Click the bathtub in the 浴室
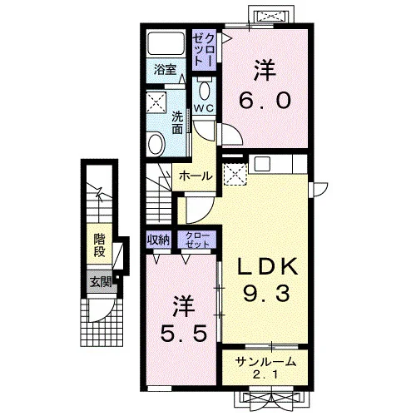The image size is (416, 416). coord(166,43)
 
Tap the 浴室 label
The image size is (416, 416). coord(165,70)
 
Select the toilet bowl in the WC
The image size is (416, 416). coord(205,90)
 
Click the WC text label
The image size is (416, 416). coord(204,108)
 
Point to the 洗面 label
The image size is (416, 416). coord(177,123)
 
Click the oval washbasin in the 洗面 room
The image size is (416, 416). coord(156,144)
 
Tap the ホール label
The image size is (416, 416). coord(196,176)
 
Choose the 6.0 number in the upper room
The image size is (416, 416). coord(265,100)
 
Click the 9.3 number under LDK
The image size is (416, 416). coord(266,293)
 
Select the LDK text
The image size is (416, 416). coord(267,267)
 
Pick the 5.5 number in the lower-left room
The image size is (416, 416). coord(184,333)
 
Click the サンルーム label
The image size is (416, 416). coord(265,362)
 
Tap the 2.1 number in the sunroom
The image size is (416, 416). coord(265,375)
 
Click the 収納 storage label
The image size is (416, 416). coord(158,240)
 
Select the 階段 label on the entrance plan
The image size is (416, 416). coord(99,245)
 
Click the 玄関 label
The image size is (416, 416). coord(101,282)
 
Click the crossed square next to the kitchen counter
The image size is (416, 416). coord(235,174)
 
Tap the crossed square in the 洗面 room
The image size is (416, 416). coord(156,102)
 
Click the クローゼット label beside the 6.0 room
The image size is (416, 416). coord(204,50)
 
